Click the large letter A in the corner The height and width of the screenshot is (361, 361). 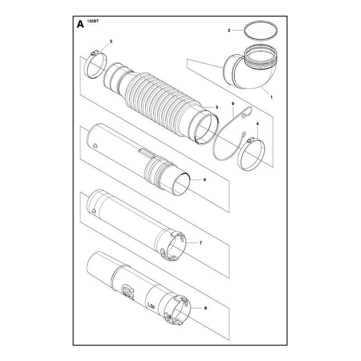coord(80,24)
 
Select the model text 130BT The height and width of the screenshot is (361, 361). coord(92,21)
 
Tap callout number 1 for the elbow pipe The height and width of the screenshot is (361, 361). coord(272,97)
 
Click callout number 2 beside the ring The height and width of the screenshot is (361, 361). coord(229,30)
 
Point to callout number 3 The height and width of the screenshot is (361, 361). coord(217,107)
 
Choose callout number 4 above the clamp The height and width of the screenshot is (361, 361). coord(257,124)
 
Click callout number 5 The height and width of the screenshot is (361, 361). coord(111,42)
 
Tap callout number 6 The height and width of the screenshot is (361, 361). coord(205,180)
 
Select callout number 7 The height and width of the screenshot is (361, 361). coord(201,243)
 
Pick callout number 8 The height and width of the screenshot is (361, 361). coord(206,308)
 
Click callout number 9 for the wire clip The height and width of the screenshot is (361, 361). coord(233,104)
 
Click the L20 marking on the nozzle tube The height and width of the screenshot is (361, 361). coord(151,306)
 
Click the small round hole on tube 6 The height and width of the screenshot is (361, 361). coord(95,145)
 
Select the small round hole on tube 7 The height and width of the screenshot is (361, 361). coord(93,210)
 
